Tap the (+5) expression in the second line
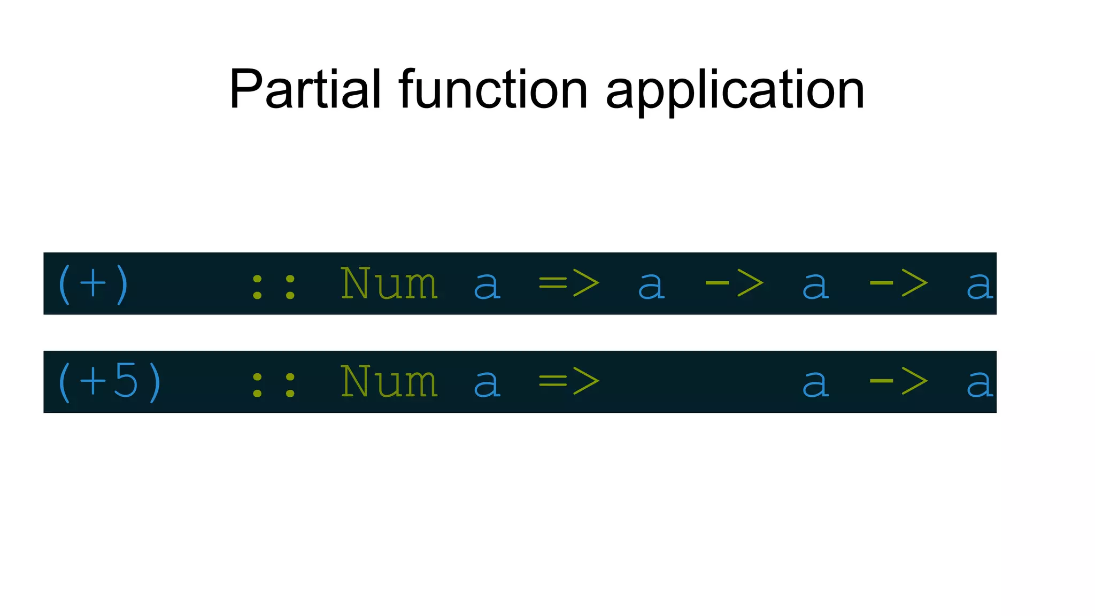pyautogui.click(x=109, y=382)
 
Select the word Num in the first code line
pyautogui.click(x=389, y=283)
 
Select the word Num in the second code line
pyautogui.click(x=389, y=382)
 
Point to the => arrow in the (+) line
pyautogui.click(x=569, y=284)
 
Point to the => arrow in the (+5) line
pyautogui.click(x=569, y=382)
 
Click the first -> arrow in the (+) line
pyautogui.click(x=734, y=284)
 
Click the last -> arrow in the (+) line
pyautogui.click(x=898, y=284)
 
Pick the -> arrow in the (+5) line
pyautogui.click(x=898, y=382)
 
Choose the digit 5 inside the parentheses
pyautogui.click(x=126, y=381)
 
